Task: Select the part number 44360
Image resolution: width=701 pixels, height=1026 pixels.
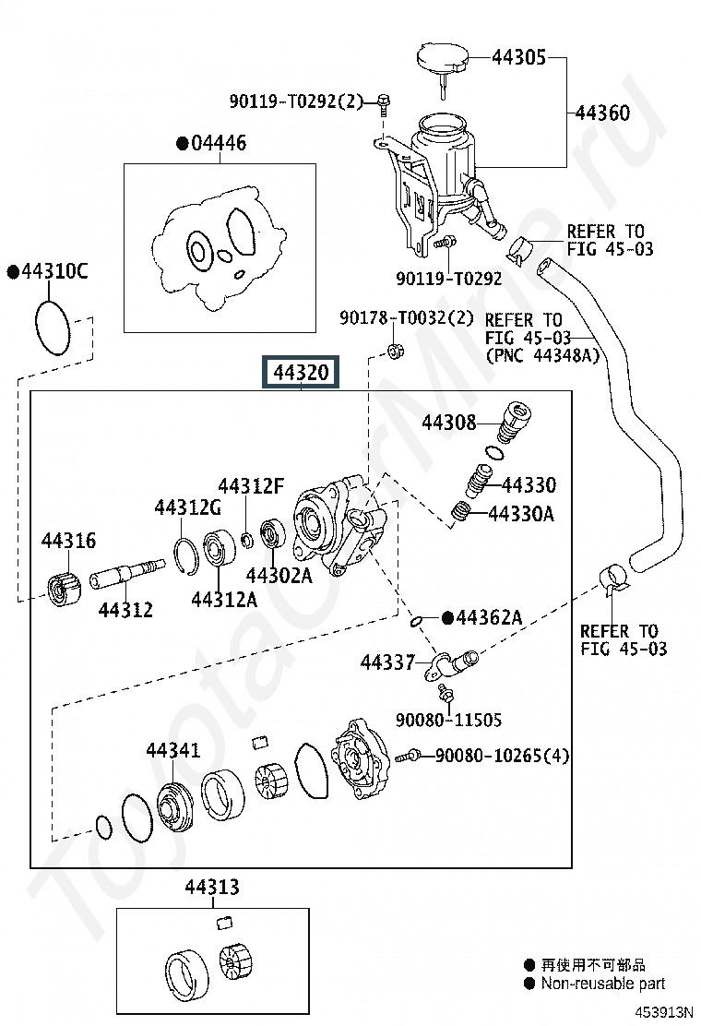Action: (x=602, y=113)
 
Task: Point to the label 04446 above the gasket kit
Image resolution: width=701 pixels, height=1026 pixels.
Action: (x=219, y=143)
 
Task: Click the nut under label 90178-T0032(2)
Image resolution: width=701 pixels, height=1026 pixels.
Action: (x=394, y=350)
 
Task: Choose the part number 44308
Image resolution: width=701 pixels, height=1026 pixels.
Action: (x=449, y=423)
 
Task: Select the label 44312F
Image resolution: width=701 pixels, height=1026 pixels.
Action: (x=251, y=486)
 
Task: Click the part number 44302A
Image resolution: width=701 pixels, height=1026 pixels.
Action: (x=278, y=576)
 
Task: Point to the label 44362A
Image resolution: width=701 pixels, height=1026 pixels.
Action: (x=488, y=617)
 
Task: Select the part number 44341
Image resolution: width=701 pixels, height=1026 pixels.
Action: (x=172, y=749)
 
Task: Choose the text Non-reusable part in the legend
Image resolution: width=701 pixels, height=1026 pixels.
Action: (x=603, y=984)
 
